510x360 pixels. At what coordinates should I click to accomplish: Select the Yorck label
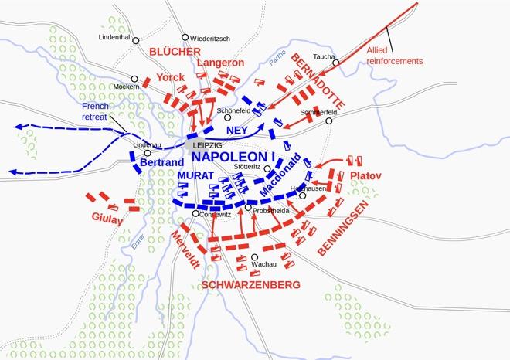(170, 78)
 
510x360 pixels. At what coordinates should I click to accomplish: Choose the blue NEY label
(236, 131)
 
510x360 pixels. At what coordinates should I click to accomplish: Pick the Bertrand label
(161, 163)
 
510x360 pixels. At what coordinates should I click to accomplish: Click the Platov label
(365, 176)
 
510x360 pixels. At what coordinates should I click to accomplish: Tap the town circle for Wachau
(254, 257)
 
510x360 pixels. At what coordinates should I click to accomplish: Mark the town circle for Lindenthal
(136, 39)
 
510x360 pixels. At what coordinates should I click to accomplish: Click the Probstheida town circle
(248, 208)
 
